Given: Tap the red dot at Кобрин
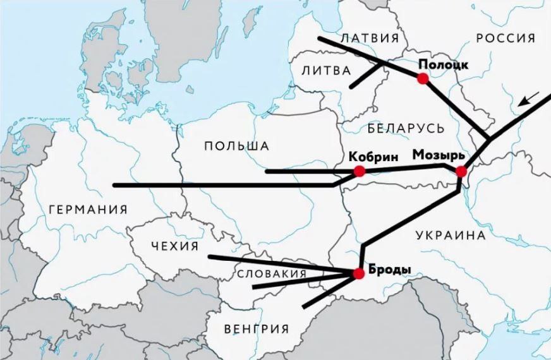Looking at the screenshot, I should coord(360,171).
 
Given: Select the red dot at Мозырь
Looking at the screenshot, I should coord(461,171).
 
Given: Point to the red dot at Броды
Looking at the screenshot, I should coord(358,273).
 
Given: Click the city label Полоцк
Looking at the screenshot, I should coord(443,64).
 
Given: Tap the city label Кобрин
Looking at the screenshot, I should coord(373,156).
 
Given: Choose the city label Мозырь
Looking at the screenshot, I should coord(439,155).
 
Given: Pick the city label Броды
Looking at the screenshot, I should coord(389,270).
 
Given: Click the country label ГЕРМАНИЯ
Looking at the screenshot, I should coord(87,210).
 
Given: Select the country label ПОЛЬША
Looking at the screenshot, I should coord(237,146).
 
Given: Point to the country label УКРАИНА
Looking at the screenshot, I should coord(451,236).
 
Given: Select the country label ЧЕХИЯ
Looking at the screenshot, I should coord(175,246).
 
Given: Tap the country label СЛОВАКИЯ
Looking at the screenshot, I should coord(272,273).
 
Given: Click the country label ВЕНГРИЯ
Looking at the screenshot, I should coord(257,328).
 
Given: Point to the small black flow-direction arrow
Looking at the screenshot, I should coord(528,99).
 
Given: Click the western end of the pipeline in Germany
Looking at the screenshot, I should coord(114,185).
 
